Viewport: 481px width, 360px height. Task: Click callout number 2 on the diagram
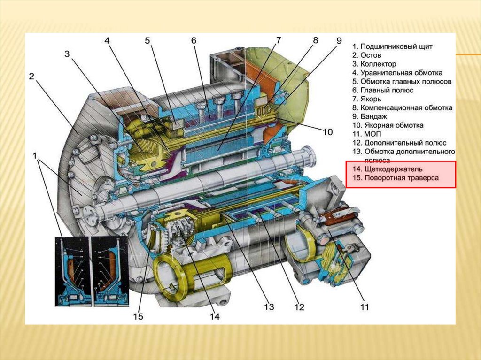(31, 77)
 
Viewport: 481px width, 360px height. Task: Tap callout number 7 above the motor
(279, 40)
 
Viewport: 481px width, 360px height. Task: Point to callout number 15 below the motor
(138, 317)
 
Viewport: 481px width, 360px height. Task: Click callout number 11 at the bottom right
(364, 307)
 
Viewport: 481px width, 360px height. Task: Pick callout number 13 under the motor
(269, 307)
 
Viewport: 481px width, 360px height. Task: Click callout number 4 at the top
(107, 41)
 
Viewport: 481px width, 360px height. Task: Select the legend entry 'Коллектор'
(378, 64)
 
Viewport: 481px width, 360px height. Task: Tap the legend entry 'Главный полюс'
(387, 90)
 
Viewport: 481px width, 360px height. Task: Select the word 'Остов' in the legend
(371, 55)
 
